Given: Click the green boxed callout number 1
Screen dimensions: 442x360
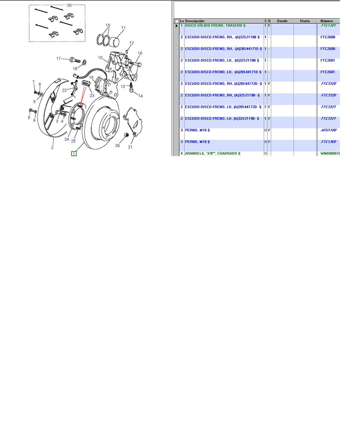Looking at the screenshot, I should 74,153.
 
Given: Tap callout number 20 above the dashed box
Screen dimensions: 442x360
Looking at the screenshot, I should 69,5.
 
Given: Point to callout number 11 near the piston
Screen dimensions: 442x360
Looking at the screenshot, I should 123,28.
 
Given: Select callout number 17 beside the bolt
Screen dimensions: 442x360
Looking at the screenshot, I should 58,58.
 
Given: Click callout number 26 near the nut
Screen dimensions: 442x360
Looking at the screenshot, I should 117,145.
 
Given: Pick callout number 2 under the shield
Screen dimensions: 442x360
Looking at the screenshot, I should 52,148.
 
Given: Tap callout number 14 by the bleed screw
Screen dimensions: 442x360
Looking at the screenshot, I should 141,96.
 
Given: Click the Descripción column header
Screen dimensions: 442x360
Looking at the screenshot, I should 195,21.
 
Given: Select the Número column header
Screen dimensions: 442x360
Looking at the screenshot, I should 326,21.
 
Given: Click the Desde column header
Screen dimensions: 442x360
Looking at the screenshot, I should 282,21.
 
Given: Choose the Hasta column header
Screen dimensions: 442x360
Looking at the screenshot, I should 305,21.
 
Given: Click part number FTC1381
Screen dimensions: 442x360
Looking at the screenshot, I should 328,25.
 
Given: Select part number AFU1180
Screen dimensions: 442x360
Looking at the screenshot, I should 328,130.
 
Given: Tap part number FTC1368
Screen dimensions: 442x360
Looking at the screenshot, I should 328,142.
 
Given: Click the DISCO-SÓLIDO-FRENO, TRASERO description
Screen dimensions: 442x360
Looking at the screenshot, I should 215,25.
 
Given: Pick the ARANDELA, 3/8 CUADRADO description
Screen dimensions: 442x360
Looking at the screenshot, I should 212,153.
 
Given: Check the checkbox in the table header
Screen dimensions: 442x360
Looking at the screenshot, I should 177,21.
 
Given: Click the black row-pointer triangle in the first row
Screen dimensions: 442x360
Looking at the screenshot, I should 177,26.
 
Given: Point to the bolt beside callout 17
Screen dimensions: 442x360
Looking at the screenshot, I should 75,60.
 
